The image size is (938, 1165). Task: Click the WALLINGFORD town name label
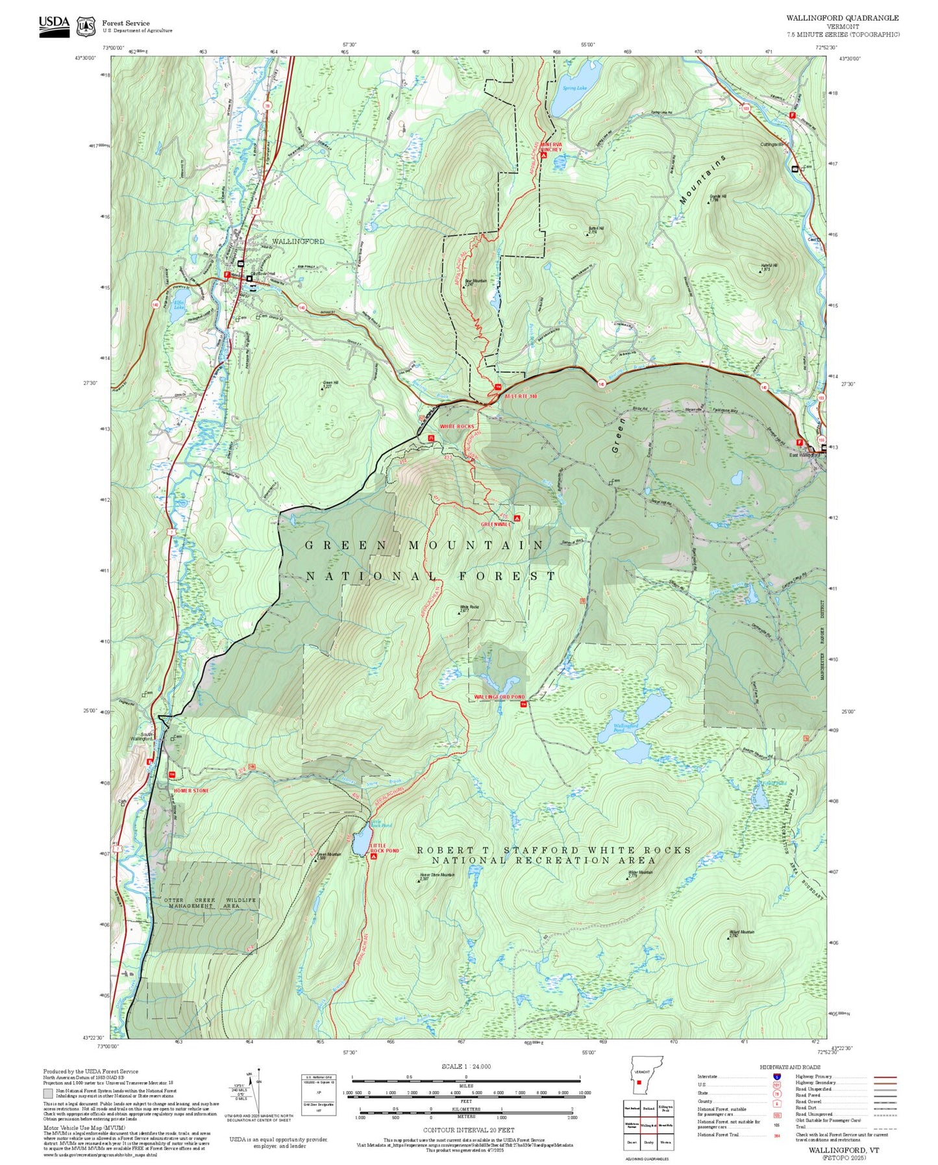(298, 242)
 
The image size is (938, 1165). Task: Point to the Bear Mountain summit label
(476, 281)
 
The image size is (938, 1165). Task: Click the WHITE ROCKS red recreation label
(457, 427)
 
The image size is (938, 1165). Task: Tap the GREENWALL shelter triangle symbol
(517, 518)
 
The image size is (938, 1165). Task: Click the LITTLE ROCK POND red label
(384, 848)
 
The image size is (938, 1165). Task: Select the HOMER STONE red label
(191, 790)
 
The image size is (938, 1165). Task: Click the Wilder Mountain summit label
(641, 873)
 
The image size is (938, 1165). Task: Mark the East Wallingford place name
(804, 455)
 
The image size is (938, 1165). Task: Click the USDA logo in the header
(54, 25)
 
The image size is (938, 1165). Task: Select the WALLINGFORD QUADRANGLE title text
(843, 18)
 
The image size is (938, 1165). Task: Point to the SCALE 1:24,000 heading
(465, 1066)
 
